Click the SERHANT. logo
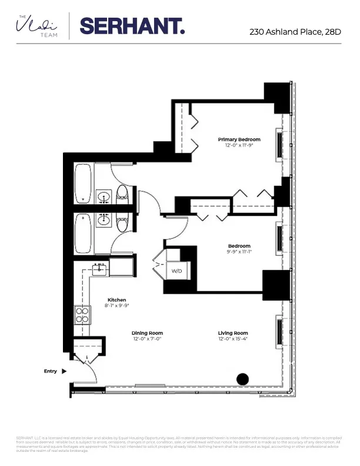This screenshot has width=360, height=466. [x=132, y=26]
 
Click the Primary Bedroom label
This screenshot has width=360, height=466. [x=239, y=139]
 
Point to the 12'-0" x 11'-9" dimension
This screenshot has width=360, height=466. [x=239, y=145]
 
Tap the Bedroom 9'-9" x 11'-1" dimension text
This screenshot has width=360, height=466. [x=239, y=251]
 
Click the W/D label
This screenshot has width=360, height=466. [x=176, y=271]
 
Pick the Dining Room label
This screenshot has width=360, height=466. [x=147, y=333]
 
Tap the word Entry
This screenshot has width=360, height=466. [x=51, y=371]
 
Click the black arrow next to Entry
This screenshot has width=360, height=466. [x=64, y=371]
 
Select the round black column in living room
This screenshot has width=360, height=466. [x=242, y=380]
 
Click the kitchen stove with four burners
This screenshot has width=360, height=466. [x=82, y=315]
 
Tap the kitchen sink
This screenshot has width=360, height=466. [x=99, y=271]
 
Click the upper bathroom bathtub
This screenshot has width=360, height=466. [x=83, y=184]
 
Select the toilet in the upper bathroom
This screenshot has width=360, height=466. [x=123, y=194]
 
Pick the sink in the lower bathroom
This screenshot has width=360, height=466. [x=104, y=221]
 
